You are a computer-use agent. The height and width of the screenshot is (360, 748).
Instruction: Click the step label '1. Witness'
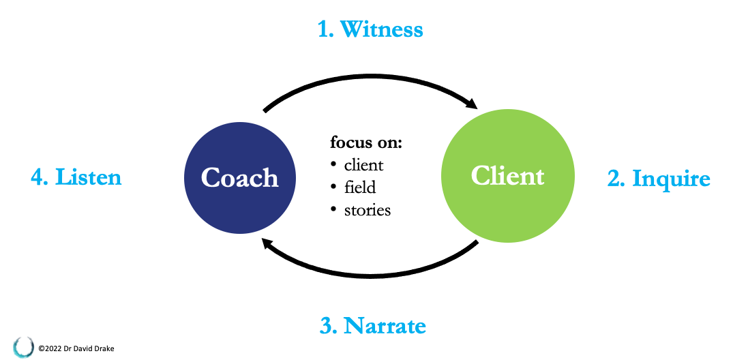tap(370, 29)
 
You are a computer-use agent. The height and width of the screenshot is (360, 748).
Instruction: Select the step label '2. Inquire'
tap(659, 179)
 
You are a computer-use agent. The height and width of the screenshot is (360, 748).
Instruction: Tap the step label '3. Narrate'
tap(372, 325)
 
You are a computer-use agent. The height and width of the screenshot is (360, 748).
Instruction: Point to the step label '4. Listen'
tap(76, 177)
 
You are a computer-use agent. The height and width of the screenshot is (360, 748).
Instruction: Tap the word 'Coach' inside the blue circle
tap(240, 178)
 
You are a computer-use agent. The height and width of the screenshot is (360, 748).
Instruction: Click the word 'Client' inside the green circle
tap(507, 176)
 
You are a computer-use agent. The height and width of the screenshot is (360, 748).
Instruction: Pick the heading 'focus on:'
tap(366, 142)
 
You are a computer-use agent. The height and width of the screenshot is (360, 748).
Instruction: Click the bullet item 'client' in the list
tap(363, 165)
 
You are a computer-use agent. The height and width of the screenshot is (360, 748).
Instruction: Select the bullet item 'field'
tap(360, 187)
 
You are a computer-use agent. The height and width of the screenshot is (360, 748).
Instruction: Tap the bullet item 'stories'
tap(368, 210)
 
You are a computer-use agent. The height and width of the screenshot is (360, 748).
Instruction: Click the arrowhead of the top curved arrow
tap(470, 106)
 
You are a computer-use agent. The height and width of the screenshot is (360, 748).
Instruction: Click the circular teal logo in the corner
tap(23, 346)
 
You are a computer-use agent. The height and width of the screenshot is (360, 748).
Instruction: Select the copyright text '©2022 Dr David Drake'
tap(76, 348)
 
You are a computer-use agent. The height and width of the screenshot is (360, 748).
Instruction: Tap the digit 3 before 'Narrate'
tap(327, 326)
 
